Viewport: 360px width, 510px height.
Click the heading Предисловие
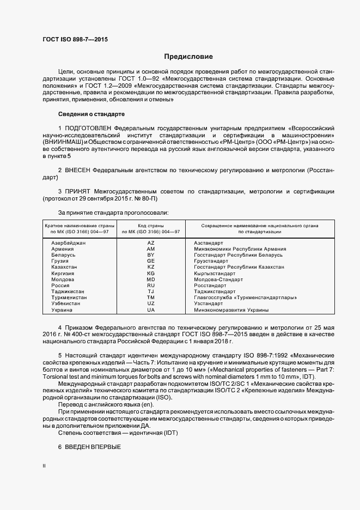point(188,57)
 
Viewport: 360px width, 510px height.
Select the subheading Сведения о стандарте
point(91,114)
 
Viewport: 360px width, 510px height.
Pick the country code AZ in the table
point(151,242)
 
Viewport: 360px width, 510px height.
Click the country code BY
point(151,254)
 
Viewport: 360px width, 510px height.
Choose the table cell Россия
point(60,285)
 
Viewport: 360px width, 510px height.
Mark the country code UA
point(151,309)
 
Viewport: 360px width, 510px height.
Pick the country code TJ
point(151,292)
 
